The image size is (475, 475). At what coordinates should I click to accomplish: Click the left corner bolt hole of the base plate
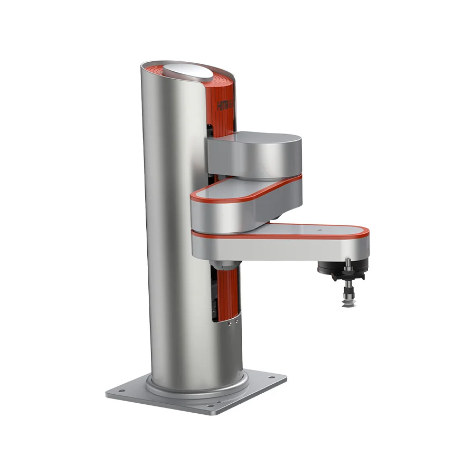pyautogui.click(x=121, y=391)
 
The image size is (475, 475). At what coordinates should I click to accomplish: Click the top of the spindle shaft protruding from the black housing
pyautogui.click(x=348, y=260)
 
